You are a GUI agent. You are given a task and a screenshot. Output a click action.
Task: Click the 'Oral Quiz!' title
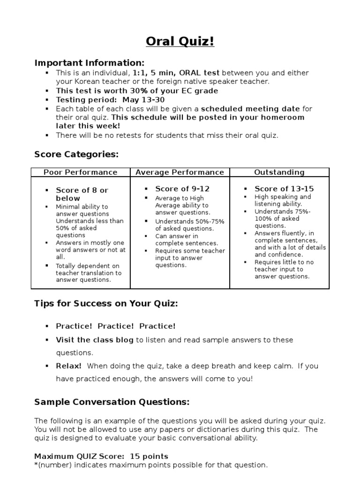point(180,42)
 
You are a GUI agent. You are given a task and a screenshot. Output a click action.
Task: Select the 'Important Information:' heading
point(90,63)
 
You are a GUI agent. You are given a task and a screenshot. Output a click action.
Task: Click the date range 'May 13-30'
point(144,100)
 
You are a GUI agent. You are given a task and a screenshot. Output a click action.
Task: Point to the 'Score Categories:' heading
point(76,154)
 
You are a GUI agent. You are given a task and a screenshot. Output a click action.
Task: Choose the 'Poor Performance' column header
point(81,172)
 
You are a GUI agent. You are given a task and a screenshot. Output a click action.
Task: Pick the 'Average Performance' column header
point(180,172)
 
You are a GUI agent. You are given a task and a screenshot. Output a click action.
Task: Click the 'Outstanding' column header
point(279,172)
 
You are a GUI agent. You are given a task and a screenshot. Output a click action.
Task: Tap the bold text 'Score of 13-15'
point(284,189)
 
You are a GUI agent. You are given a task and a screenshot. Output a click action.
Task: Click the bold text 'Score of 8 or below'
point(82,194)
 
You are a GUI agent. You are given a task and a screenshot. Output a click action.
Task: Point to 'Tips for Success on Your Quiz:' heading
point(106,303)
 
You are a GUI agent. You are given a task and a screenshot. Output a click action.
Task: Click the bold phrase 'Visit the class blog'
point(95,340)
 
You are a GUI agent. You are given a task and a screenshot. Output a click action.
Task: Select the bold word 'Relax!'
point(69,366)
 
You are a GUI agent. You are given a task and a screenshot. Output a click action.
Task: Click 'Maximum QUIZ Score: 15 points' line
point(101,456)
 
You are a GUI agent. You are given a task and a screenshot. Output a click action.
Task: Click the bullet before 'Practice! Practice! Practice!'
point(47,326)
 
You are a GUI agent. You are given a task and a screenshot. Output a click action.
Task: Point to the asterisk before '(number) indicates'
point(36,465)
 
